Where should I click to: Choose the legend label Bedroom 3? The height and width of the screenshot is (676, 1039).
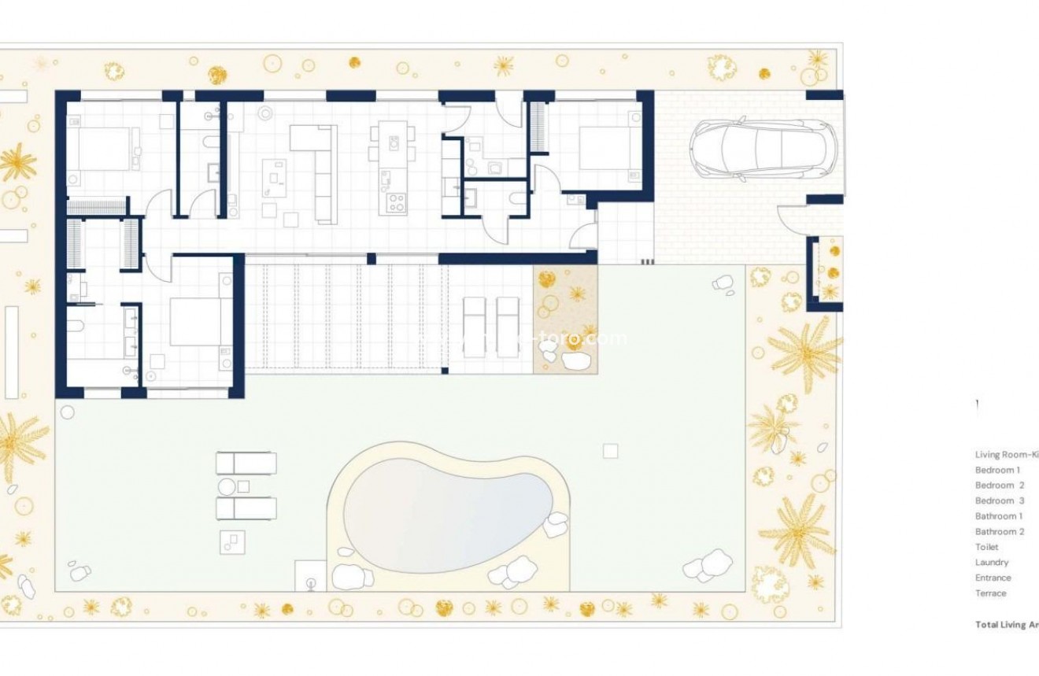1000,501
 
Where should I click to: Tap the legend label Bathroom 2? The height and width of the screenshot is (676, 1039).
999,531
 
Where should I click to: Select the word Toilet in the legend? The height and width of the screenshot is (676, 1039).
986,547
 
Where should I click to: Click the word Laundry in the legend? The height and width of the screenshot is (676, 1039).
992,563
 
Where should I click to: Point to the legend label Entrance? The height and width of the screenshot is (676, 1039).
993,578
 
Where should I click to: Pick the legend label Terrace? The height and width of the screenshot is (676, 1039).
991,593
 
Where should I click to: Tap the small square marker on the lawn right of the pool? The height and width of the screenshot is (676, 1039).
610,451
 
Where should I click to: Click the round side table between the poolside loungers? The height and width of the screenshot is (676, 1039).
227,486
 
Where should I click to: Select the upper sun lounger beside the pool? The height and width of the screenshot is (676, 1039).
246,463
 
